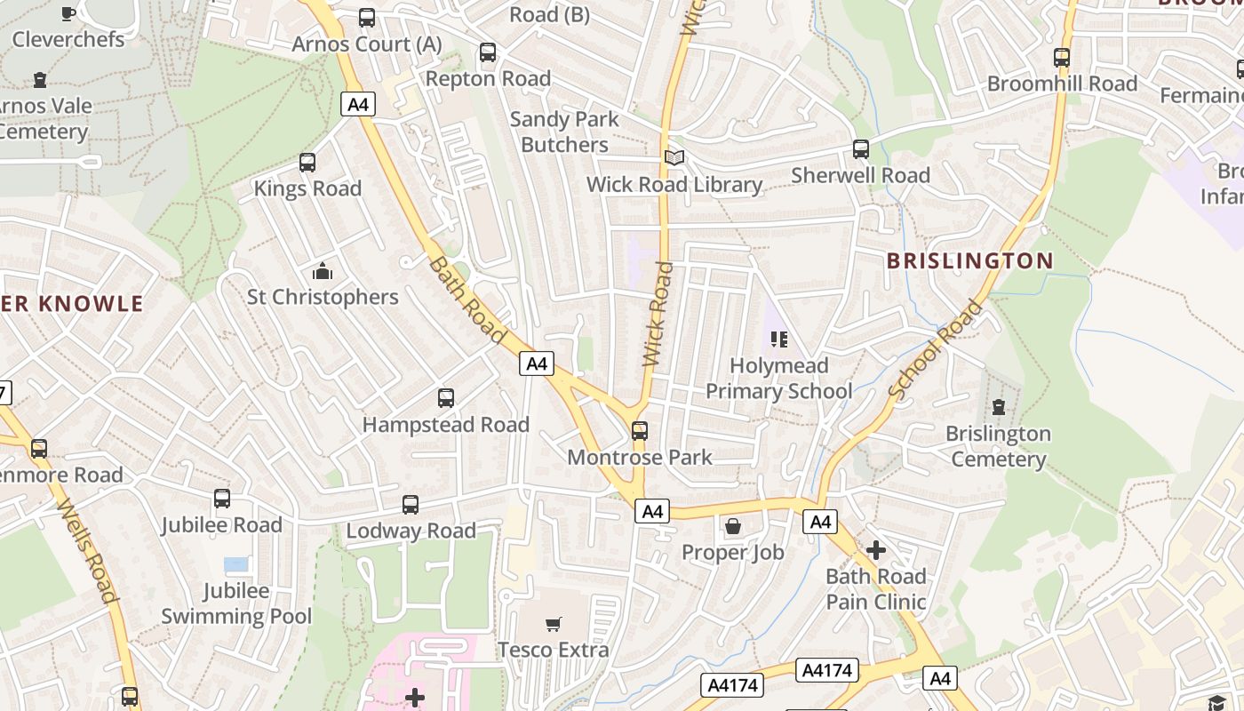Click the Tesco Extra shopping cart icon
[x=554, y=625]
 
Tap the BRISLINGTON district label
[x=970, y=260]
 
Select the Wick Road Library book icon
[x=675, y=157]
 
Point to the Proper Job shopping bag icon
[x=733, y=526]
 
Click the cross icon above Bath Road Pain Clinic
[x=876, y=550]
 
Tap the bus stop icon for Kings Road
[x=307, y=163]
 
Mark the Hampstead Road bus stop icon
[x=446, y=398]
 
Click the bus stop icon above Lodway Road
[x=411, y=505]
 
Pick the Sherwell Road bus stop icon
[x=861, y=149]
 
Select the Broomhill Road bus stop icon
[x=1062, y=58]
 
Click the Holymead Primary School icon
[x=779, y=339]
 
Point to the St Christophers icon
[x=322, y=271]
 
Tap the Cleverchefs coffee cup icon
[x=68, y=13]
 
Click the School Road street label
[x=936, y=349]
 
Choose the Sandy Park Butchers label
[x=564, y=132]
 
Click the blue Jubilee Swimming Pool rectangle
[x=236, y=564]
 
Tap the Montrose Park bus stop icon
[x=640, y=431]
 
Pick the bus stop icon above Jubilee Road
[x=222, y=499]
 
